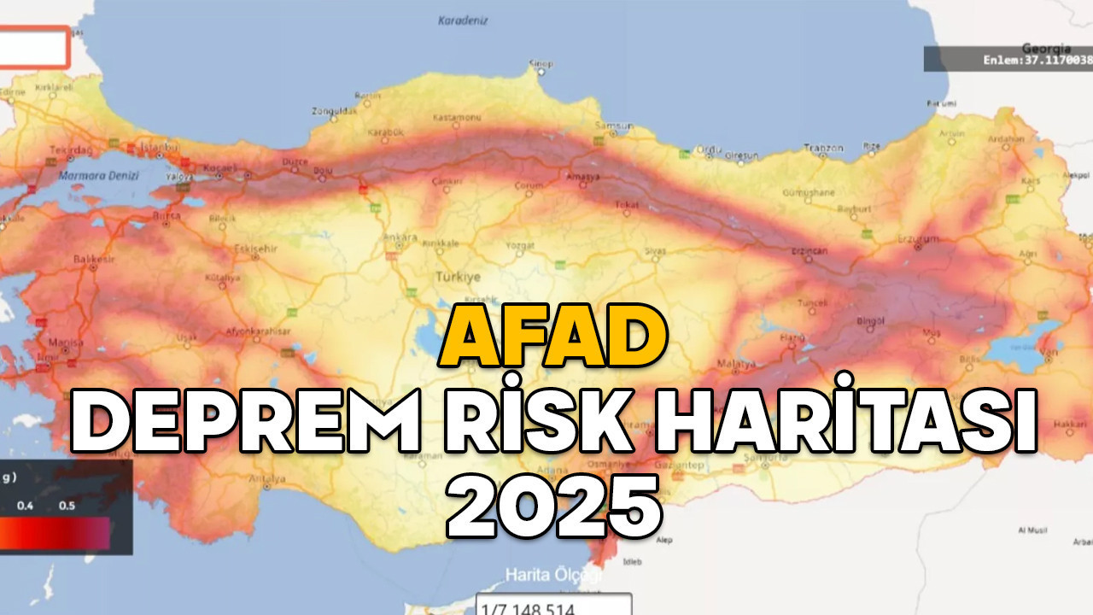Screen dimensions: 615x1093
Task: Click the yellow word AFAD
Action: point(554,338)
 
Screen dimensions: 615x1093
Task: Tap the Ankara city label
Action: point(400,237)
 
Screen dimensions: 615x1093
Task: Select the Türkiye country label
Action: point(459,278)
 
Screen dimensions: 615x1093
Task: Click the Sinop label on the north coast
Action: point(541,63)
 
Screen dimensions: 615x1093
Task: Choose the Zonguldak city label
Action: point(334,111)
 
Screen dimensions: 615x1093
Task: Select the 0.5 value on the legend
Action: point(67,506)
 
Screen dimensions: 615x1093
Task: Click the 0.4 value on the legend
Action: point(26,506)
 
